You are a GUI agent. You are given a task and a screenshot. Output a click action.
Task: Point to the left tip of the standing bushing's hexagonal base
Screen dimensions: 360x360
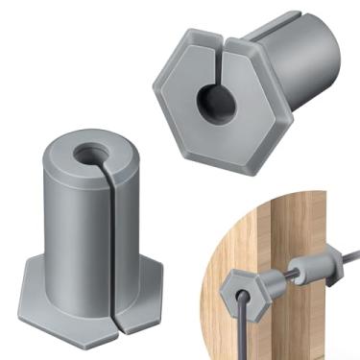coord(19,289)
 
